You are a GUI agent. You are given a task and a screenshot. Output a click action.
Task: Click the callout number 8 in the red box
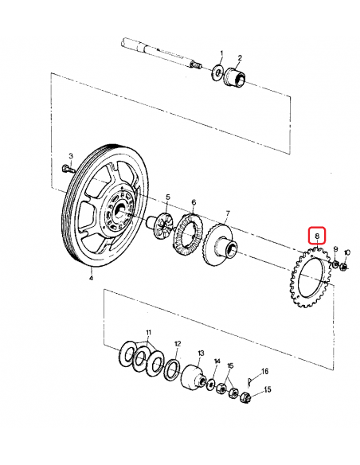tap(316, 236)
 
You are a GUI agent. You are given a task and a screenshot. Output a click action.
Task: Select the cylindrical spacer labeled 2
tap(237, 79)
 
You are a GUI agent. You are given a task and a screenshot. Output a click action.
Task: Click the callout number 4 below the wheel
tap(91, 279)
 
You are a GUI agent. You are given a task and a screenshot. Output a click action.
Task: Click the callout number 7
tap(227, 213)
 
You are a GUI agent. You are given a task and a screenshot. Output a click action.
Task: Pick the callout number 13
tap(201, 352)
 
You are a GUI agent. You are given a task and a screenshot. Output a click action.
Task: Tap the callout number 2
tap(240, 58)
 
